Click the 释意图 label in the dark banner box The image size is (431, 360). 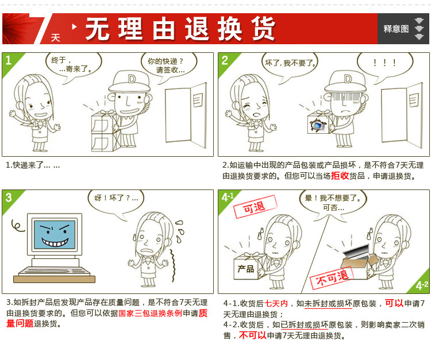click(396, 29)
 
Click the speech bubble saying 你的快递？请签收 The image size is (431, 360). click(168, 66)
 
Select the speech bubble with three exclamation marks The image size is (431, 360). click(385, 65)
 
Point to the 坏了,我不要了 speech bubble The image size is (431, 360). click(290, 66)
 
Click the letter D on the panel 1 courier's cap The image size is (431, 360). click(132, 79)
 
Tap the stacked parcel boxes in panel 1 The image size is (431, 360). click(106, 131)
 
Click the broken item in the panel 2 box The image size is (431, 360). click(318, 126)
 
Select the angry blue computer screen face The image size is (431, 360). click(55, 234)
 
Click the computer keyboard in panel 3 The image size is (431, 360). click(55, 271)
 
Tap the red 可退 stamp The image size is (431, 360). click(255, 207)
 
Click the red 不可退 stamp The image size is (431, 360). click(332, 278)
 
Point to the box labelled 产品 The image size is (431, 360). click(249, 267)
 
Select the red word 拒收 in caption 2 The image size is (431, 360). click(340, 176)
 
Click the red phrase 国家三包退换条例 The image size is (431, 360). click(151, 313)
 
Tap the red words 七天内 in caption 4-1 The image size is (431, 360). click(276, 303)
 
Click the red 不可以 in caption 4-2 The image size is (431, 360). click(253, 335)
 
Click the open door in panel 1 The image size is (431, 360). click(186, 115)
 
